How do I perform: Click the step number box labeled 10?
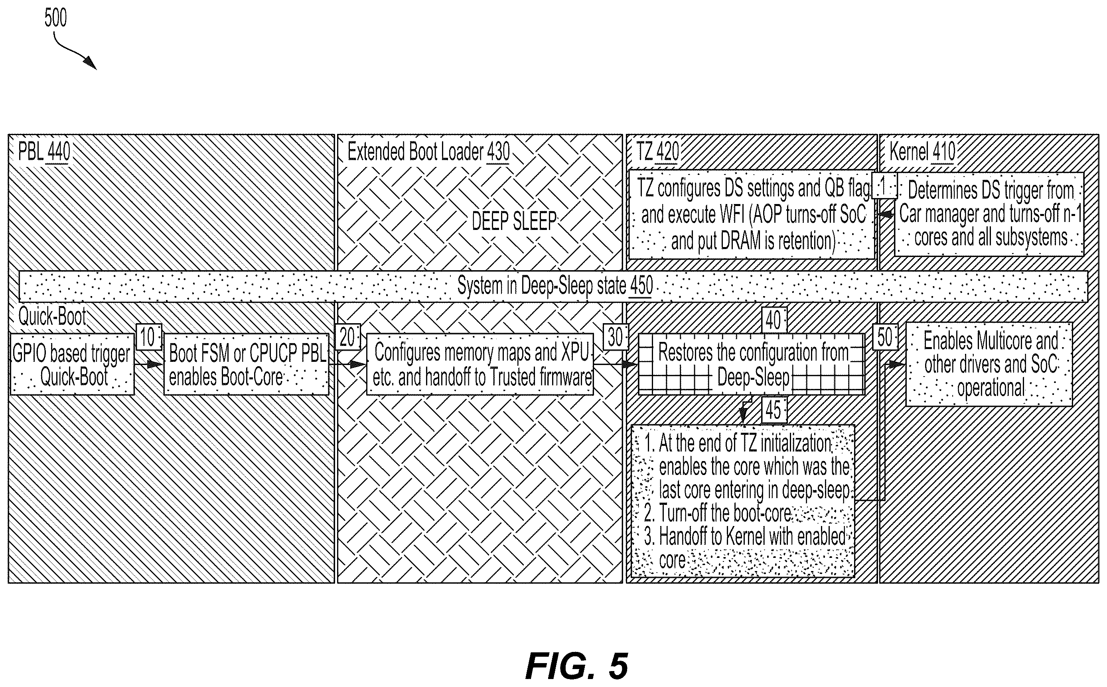click(149, 337)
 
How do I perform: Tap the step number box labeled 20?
click(347, 337)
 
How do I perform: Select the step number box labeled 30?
click(616, 337)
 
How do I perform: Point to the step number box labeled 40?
click(774, 320)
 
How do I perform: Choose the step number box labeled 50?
click(885, 337)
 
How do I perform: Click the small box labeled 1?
click(884, 185)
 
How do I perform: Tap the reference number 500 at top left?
click(55, 18)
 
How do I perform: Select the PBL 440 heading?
click(44, 152)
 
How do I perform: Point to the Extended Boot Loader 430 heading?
click(428, 152)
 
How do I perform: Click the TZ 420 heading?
click(658, 152)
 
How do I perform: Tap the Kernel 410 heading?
click(922, 152)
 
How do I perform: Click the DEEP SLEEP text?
click(514, 221)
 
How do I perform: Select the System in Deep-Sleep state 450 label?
click(555, 286)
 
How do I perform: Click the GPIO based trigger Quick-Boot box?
click(72, 364)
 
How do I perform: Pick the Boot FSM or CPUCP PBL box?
click(246, 364)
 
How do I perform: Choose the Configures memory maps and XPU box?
click(480, 364)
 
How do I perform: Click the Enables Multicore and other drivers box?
click(989, 364)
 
